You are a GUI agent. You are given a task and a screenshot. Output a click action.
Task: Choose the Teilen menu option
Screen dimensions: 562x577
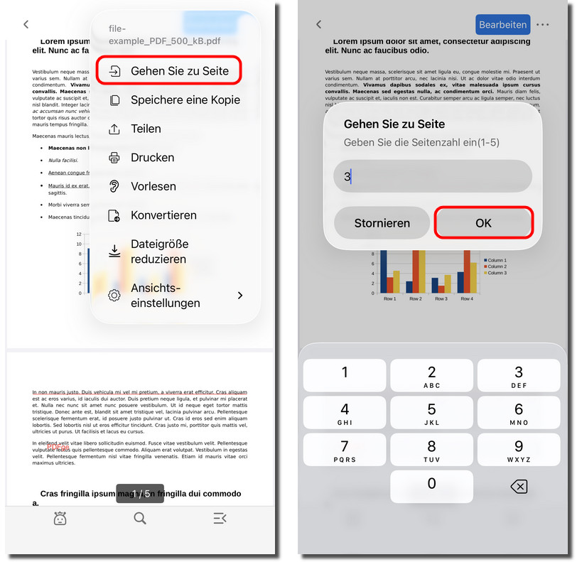(146, 129)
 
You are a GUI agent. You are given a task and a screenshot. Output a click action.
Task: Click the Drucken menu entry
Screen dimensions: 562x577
(152, 158)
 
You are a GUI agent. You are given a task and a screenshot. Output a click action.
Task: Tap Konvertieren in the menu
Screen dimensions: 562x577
(163, 215)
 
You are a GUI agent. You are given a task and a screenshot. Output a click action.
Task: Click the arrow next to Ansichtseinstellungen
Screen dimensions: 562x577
(240, 295)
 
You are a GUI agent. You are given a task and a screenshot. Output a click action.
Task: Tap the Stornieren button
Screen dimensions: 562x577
(382, 223)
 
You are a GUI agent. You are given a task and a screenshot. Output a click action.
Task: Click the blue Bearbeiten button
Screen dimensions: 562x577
(503, 25)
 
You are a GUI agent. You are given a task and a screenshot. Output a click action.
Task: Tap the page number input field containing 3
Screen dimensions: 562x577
(433, 176)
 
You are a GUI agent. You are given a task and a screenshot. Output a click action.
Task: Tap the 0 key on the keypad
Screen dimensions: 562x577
(431, 486)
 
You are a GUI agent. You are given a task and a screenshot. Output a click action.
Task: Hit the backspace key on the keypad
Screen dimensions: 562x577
(519, 486)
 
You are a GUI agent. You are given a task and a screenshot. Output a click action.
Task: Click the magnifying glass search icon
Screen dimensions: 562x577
(140, 519)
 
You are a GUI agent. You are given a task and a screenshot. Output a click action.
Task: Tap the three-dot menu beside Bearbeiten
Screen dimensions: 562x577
(544, 25)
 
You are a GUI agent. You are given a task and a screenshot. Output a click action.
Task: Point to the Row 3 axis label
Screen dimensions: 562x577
(441, 299)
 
